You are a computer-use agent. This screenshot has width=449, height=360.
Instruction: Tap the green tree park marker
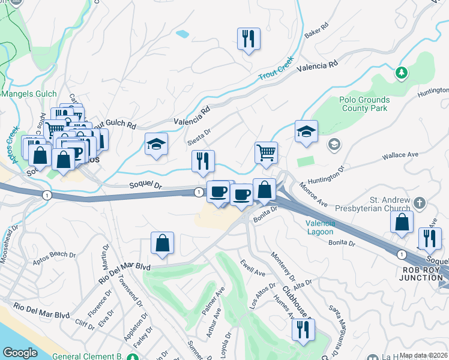click(402, 73)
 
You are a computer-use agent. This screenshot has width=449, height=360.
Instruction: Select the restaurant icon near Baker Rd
click(247, 39)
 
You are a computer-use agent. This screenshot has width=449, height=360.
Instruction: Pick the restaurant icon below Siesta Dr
click(203, 161)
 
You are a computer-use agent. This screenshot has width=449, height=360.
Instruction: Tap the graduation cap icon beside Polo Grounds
click(306, 131)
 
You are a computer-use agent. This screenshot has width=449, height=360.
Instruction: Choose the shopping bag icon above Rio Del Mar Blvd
click(162, 242)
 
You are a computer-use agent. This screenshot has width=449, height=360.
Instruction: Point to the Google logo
click(20, 353)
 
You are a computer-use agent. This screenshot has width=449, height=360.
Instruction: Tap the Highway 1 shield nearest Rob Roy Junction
click(401, 254)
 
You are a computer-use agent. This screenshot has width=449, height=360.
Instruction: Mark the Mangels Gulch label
click(29, 94)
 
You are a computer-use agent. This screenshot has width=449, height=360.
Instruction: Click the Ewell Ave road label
click(253, 268)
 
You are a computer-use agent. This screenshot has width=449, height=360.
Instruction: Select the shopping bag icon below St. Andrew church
click(402, 222)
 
